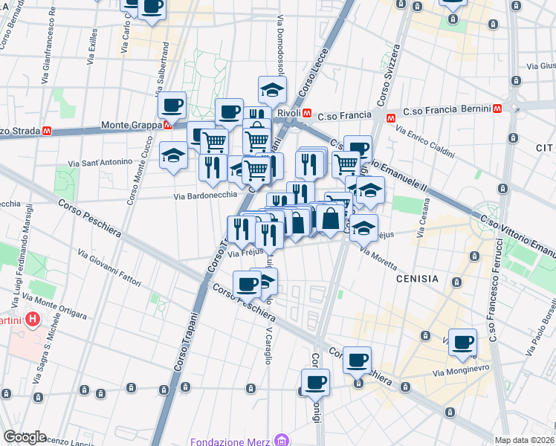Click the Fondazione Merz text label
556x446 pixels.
230,441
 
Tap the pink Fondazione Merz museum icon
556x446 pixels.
281,441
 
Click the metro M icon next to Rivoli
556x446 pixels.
306,113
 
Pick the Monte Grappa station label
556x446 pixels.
131,125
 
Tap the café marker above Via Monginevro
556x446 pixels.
463,342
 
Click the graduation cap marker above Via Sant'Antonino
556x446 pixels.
173,155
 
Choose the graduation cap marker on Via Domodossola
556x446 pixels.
272,90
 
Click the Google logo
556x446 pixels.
25,437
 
